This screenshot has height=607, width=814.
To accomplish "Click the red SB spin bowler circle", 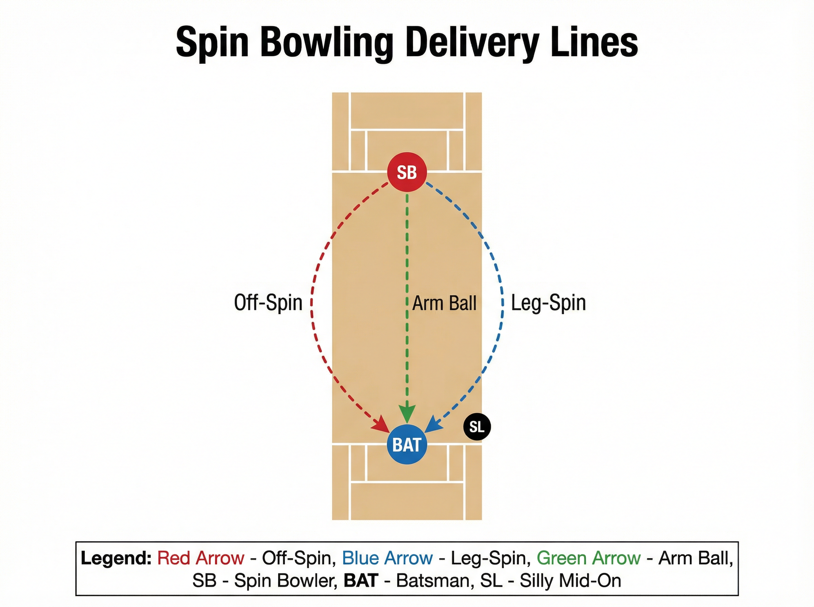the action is click(407, 172).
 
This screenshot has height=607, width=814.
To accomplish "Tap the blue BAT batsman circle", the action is click(407, 445).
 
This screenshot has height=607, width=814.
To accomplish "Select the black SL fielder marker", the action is click(477, 426).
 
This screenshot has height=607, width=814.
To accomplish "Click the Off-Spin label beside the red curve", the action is click(268, 303).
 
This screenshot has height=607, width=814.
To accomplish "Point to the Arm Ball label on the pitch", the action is click(444, 303).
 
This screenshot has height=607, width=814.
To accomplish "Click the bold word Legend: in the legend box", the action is click(116, 559).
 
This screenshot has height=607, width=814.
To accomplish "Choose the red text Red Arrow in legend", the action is click(201, 558).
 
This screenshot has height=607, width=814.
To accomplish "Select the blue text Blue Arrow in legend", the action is click(387, 558).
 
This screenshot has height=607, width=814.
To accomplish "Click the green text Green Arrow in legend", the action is click(588, 558).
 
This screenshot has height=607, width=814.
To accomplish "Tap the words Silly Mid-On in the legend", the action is click(570, 581).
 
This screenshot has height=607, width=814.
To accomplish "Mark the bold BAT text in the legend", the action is click(361, 581).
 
